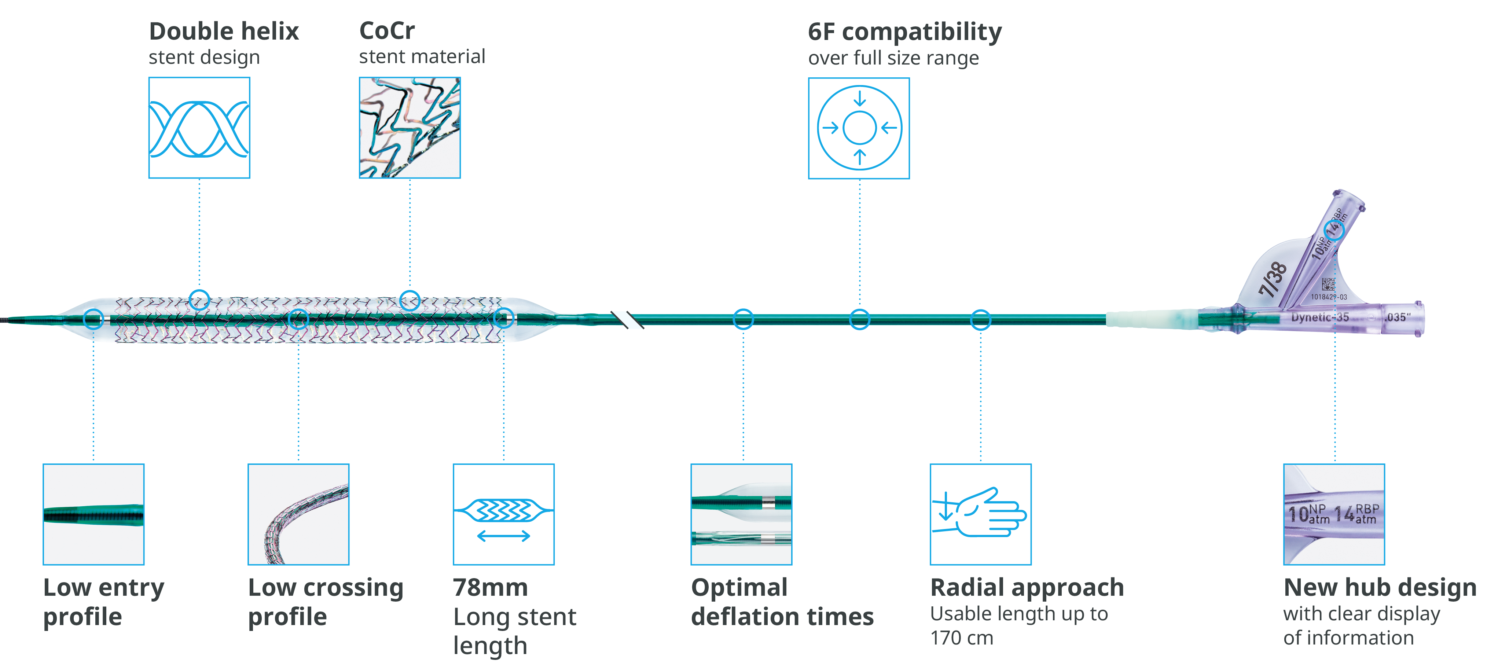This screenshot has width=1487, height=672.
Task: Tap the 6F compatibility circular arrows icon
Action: click(859, 128)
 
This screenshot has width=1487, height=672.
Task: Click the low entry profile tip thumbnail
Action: click(93, 514)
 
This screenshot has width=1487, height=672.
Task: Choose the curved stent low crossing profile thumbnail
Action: click(298, 514)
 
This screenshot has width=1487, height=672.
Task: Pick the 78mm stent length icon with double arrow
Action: click(503, 514)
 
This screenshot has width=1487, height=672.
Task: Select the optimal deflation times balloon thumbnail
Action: click(741, 514)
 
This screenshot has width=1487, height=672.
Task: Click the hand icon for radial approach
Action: click(980, 514)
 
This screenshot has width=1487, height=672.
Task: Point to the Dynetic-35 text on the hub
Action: click(1319, 317)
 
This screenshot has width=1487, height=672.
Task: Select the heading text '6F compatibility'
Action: click(904, 32)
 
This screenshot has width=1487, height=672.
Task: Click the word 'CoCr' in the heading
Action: click(387, 30)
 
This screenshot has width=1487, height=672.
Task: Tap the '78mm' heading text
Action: click(490, 587)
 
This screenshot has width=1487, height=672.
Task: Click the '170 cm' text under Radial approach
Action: click(962, 638)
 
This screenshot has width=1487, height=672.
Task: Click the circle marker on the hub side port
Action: click(1334, 230)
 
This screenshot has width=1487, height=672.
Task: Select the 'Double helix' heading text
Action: click(224, 31)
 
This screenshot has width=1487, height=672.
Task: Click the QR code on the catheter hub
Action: click(1328, 284)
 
